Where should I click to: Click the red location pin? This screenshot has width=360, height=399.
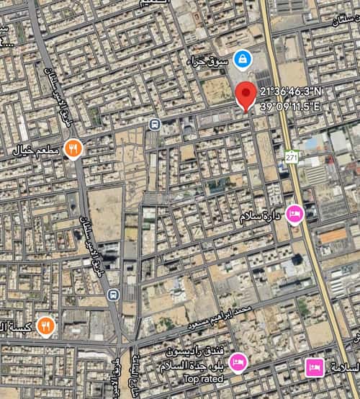coord(246,94)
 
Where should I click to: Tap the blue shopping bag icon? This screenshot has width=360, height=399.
coord(241,57)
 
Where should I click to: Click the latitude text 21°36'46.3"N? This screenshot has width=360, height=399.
coord(292,93)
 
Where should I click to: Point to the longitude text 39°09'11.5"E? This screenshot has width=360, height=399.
coord(289,106)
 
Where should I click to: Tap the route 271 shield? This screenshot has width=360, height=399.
coord(291,156)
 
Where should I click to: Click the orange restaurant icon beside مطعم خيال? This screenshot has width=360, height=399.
coord(73,149)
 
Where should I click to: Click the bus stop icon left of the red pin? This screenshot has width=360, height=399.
coord(153,124)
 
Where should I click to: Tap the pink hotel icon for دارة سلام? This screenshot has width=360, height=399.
coord(294,213)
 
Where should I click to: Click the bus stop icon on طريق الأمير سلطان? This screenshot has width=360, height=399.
coord(112,295)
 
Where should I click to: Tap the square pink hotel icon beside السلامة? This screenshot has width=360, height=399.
coord(313,367)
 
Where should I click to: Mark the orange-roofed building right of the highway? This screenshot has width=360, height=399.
coord(332,235)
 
